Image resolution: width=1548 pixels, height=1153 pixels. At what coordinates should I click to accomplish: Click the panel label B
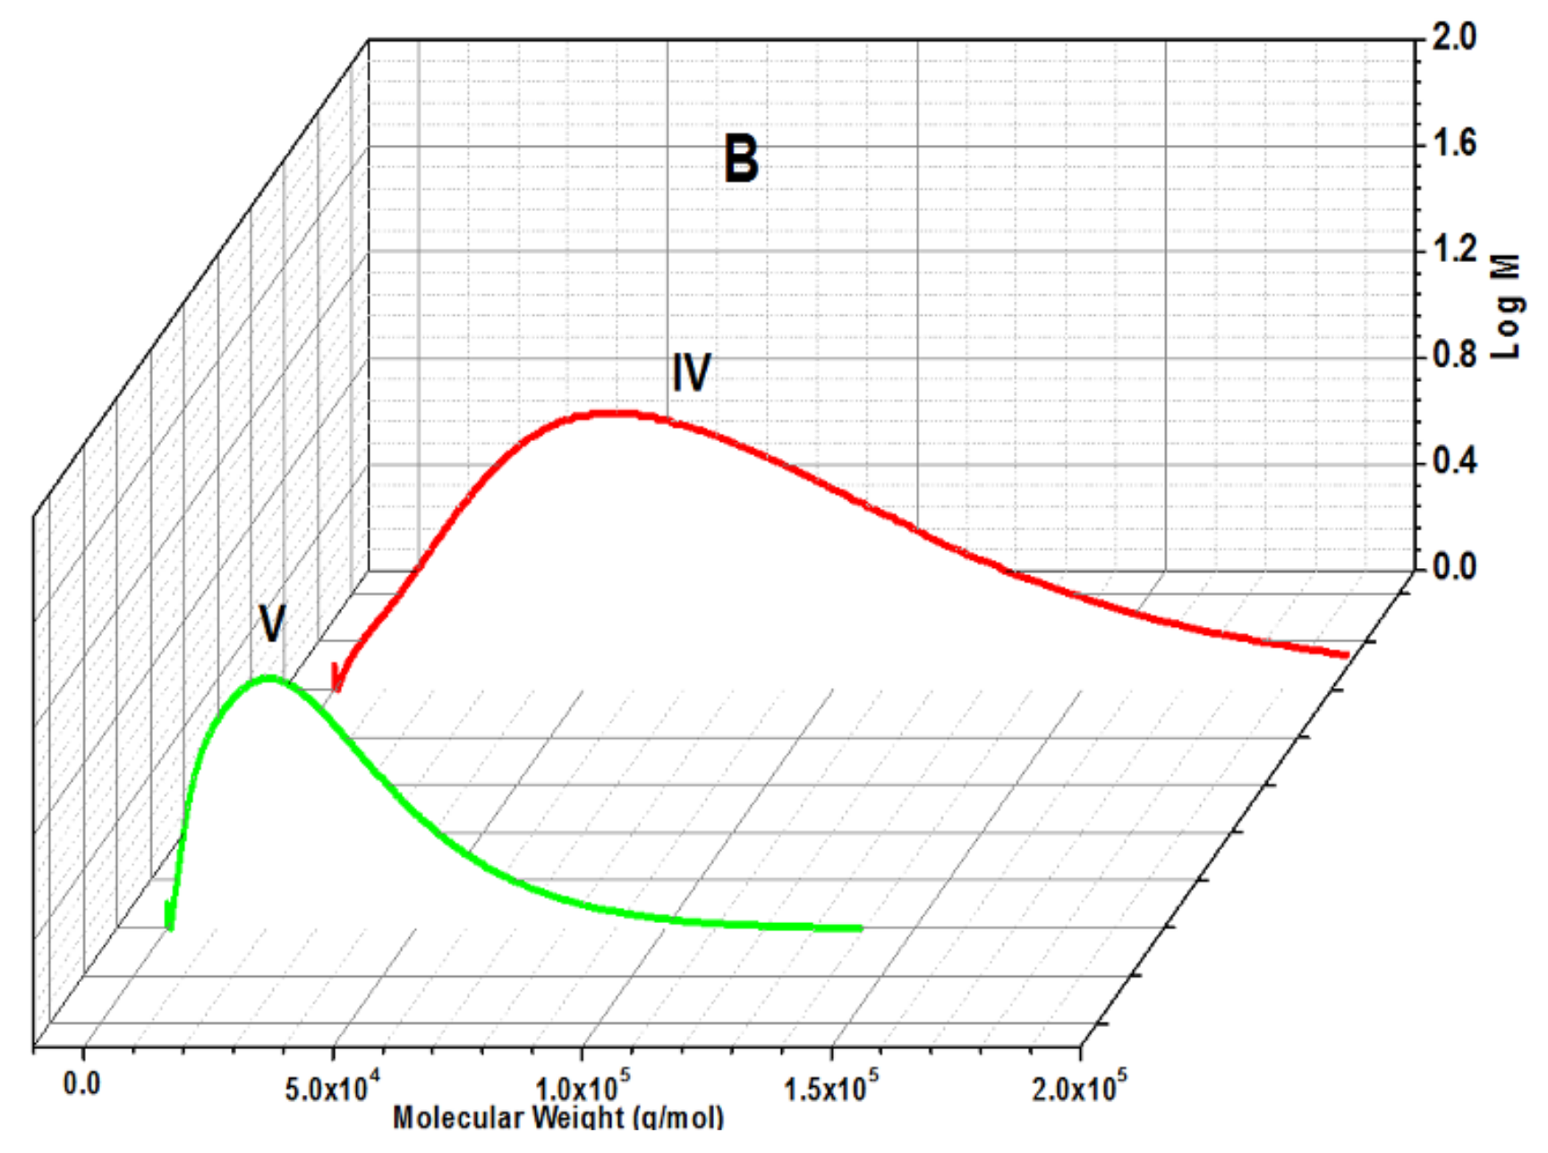point(741,159)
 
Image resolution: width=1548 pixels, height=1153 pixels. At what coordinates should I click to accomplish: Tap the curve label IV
point(691,372)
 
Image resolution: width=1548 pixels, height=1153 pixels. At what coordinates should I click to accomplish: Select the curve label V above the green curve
point(272,623)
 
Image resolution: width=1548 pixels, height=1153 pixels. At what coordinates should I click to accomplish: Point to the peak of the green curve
point(269,678)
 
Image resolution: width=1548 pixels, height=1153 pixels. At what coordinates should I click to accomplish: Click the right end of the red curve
point(1345,655)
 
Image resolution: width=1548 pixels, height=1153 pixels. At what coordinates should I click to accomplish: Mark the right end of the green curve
point(859,928)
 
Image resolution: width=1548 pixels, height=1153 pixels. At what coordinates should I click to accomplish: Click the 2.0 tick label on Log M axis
point(1454,37)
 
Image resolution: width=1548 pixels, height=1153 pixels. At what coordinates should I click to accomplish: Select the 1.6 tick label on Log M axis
point(1454,143)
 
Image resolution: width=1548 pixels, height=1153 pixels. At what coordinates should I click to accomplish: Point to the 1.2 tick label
point(1454,249)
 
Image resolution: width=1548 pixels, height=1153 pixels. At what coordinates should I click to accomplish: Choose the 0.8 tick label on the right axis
point(1454,355)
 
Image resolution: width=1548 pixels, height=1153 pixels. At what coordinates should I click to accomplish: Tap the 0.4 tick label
point(1454,461)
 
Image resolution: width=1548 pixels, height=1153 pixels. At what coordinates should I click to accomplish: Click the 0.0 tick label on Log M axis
point(1454,566)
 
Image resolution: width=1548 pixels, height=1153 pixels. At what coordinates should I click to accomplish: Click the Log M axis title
point(1507,307)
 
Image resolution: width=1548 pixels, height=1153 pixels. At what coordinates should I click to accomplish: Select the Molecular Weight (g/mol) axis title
point(557,1118)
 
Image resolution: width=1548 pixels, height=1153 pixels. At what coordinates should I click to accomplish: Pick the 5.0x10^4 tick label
point(332,1088)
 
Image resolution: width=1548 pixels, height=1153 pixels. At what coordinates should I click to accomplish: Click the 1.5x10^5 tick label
point(831,1088)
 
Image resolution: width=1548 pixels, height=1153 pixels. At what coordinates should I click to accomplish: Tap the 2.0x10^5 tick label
point(1079,1088)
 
